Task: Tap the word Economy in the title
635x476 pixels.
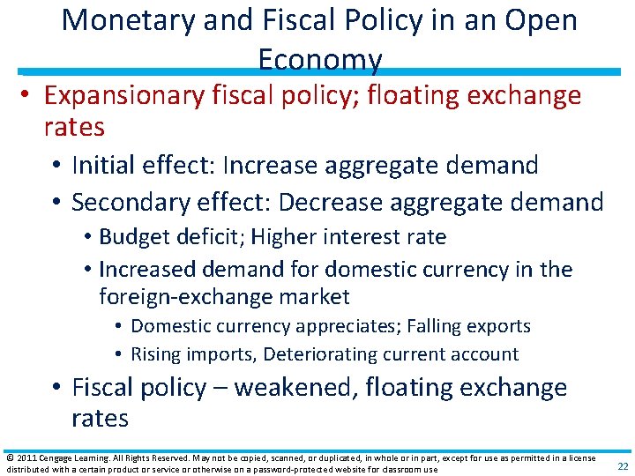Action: coord(320,59)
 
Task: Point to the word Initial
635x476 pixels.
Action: coord(100,165)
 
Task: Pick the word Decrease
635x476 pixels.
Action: coord(337,202)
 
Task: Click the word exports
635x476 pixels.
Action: coord(498,326)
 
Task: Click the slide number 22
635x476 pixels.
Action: coord(623,465)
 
